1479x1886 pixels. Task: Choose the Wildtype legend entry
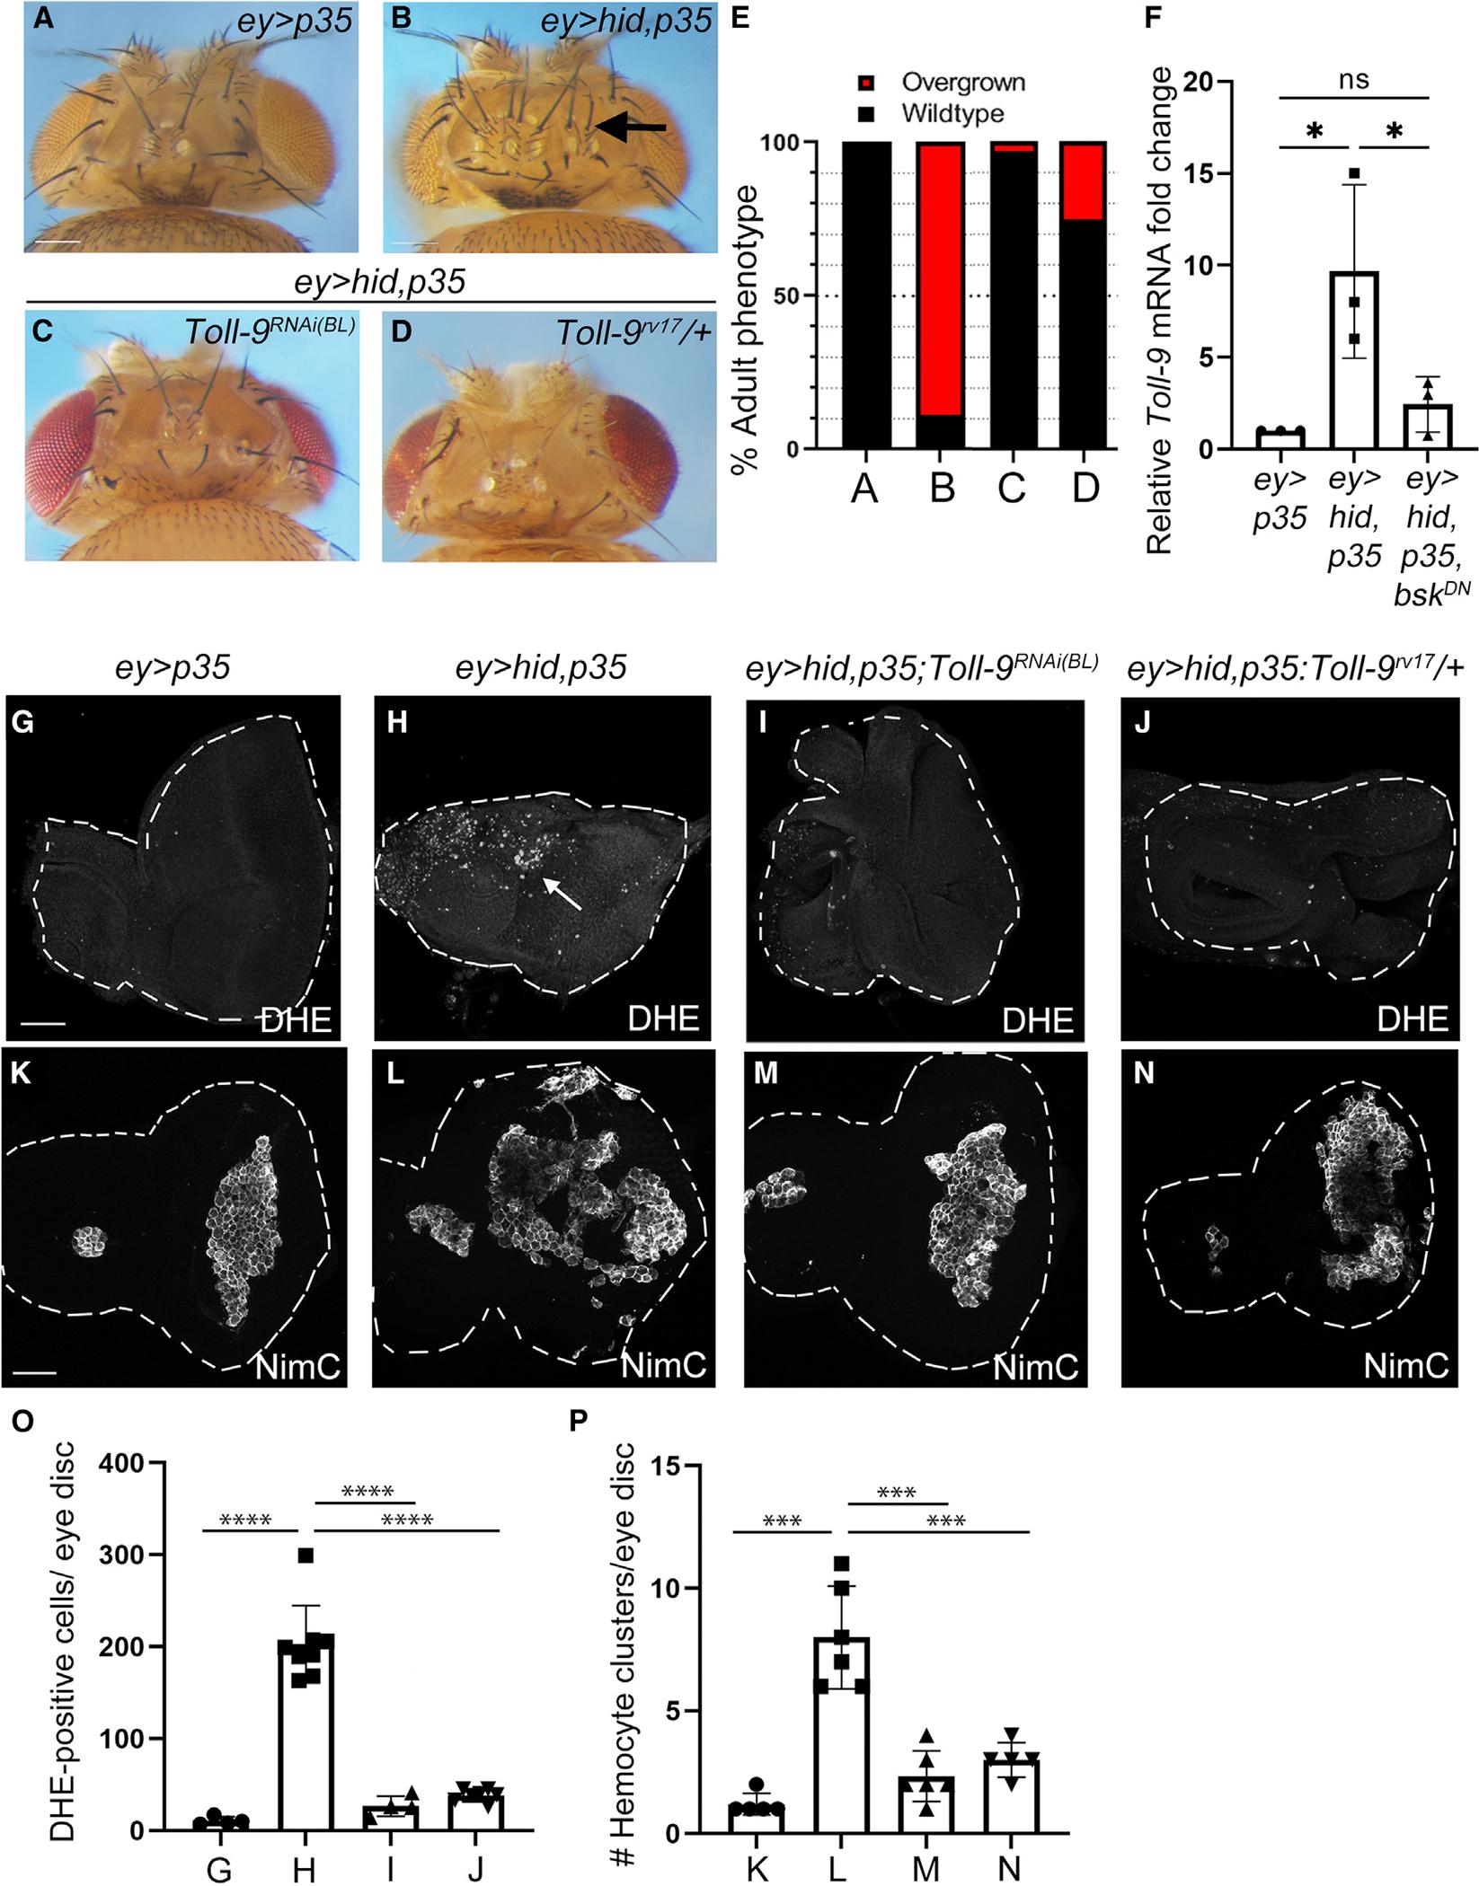pyautogui.click(x=953, y=113)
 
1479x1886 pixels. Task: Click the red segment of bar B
pyautogui.click(x=941, y=278)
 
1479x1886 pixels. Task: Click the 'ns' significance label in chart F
pyautogui.click(x=1354, y=79)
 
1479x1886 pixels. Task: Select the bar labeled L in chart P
pyautogui.click(x=842, y=1729)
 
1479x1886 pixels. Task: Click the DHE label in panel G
pyautogui.click(x=297, y=1018)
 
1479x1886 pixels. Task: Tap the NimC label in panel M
pyautogui.click(x=1035, y=1366)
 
